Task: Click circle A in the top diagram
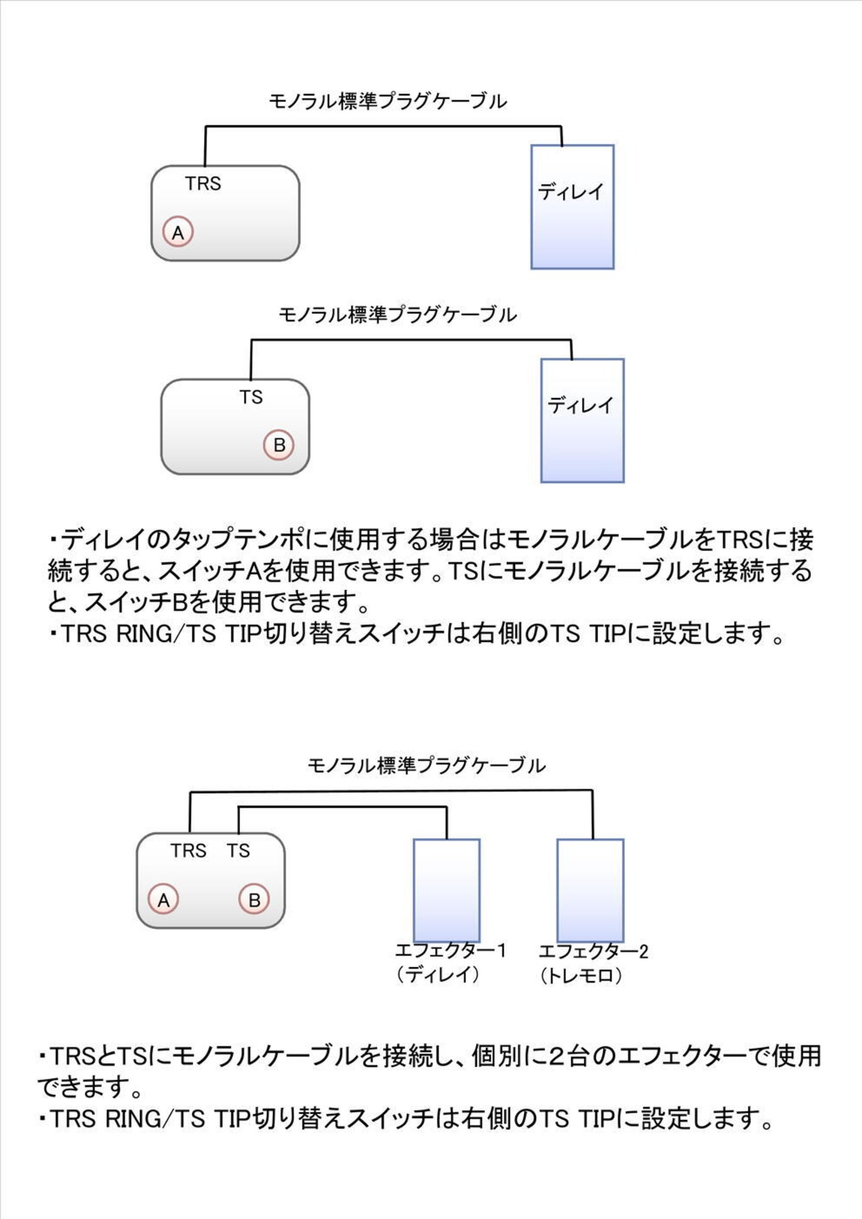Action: tap(178, 232)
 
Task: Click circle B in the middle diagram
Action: tap(279, 444)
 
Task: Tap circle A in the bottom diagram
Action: tap(164, 900)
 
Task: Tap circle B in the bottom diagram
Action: tap(254, 900)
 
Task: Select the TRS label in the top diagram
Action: tap(203, 183)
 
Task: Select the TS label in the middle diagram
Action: tap(251, 397)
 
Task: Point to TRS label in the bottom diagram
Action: tap(188, 851)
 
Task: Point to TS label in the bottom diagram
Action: tap(238, 851)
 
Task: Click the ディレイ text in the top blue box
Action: tap(571, 192)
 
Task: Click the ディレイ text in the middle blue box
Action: tap(581, 405)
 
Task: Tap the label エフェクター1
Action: tap(451, 951)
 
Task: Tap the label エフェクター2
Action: tap(593, 952)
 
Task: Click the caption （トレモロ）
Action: tap(581, 975)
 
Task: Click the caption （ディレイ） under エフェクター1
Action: tap(438, 975)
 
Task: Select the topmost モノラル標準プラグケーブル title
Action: tap(387, 102)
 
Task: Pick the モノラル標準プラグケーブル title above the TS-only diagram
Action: tap(397, 315)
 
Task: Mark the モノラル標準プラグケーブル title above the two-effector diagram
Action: tap(426, 765)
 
